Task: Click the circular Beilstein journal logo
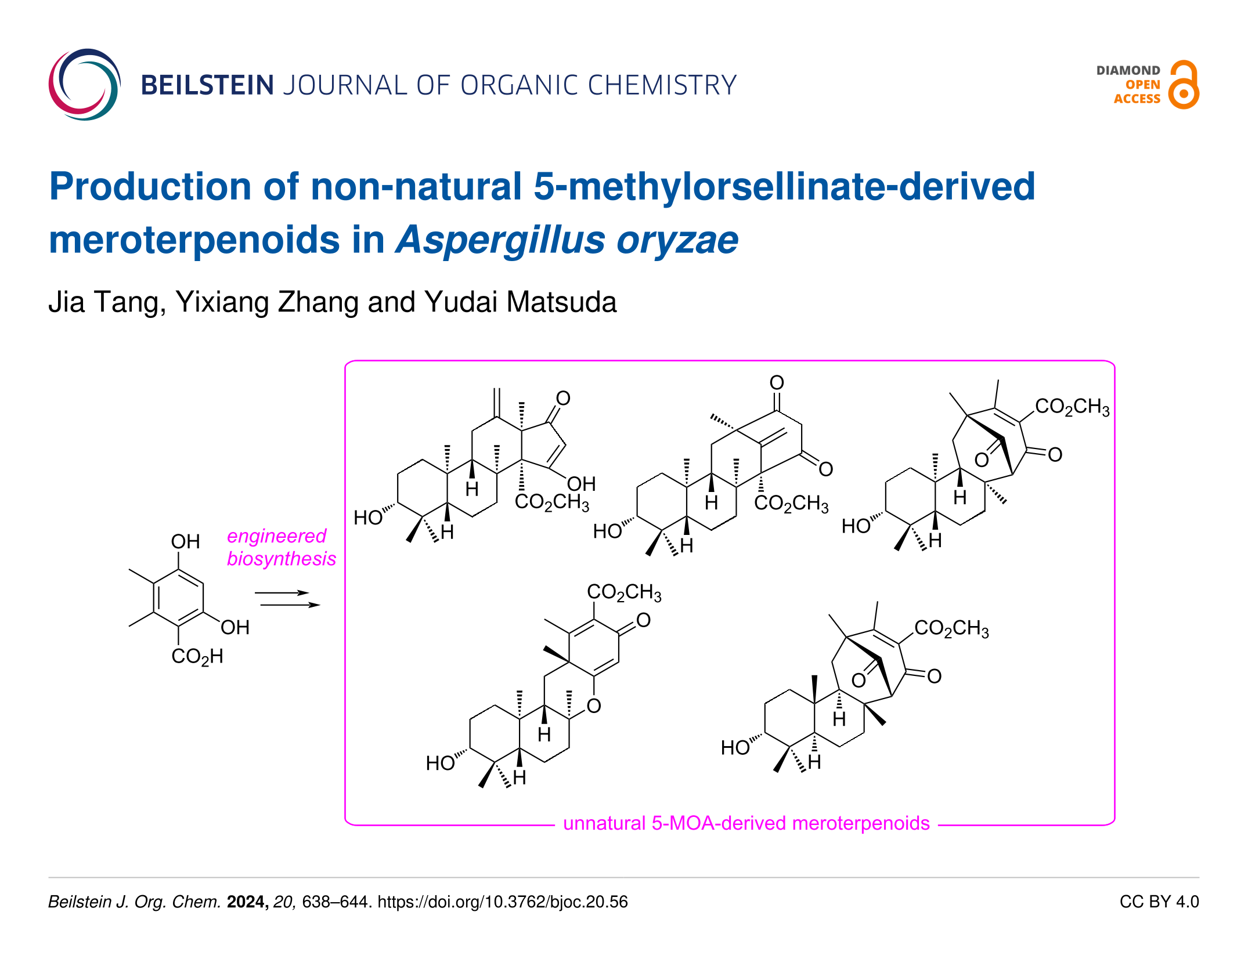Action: pyautogui.click(x=85, y=85)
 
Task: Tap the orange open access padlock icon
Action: pyautogui.click(x=1184, y=85)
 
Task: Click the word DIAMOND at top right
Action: pyautogui.click(x=1128, y=70)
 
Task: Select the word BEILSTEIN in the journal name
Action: pyautogui.click(x=207, y=85)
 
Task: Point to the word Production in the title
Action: pyautogui.click(x=150, y=186)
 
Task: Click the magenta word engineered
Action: pyautogui.click(x=276, y=536)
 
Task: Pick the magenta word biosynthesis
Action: pyautogui.click(x=281, y=558)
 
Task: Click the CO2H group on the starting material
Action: pyautogui.click(x=197, y=656)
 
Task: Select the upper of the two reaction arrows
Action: pyautogui.click(x=282, y=592)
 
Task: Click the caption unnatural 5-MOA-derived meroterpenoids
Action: pyautogui.click(x=746, y=823)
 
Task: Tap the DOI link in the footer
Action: pyautogui.click(x=502, y=902)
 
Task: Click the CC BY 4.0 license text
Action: pyautogui.click(x=1159, y=902)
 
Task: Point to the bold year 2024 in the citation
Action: pyautogui.click(x=247, y=902)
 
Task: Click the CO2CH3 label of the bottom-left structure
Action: pyautogui.click(x=623, y=592)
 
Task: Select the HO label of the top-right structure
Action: pyautogui.click(x=856, y=526)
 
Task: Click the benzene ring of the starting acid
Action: pyautogui.click(x=178, y=598)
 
